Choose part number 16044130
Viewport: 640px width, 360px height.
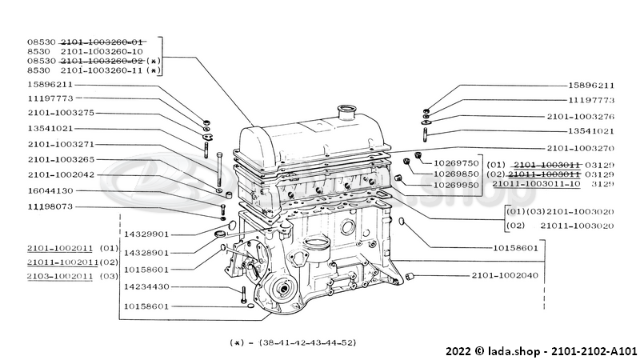(x=50, y=190)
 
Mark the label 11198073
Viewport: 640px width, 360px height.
(x=50, y=206)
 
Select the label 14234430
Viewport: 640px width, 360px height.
(x=146, y=287)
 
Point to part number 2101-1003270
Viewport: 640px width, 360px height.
(x=581, y=148)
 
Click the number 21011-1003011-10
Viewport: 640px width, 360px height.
(x=535, y=184)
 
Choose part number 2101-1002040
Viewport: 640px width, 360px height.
(x=504, y=276)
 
